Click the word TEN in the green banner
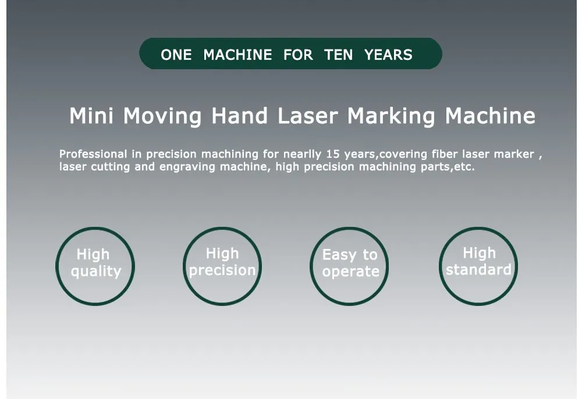click(x=338, y=55)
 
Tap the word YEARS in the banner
click(x=388, y=55)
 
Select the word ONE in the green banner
click(x=176, y=55)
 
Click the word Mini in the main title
click(x=91, y=116)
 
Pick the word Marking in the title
click(x=391, y=116)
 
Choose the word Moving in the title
click(x=162, y=116)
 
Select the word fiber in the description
click(x=445, y=154)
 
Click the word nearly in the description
click(x=302, y=154)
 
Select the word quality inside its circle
click(x=96, y=272)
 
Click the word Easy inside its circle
click(x=339, y=255)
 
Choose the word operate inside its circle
click(x=350, y=272)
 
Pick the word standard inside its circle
click(x=478, y=270)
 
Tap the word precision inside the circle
click(x=222, y=270)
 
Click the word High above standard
click(x=479, y=253)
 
